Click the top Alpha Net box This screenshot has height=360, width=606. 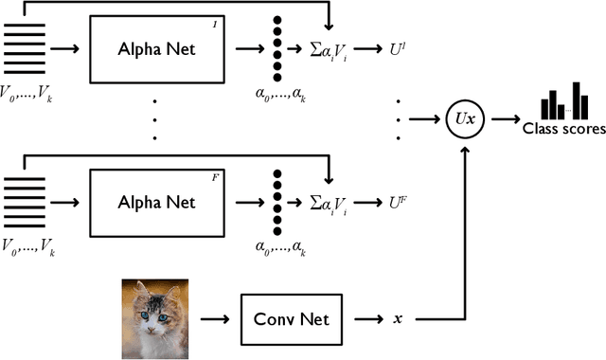[157, 48]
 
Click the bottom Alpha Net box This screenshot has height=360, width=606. [157, 202]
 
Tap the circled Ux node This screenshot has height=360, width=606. [464, 121]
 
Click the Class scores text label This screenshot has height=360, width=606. [564, 130]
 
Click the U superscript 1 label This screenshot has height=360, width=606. [398, 48]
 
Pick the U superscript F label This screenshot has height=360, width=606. [399, 202]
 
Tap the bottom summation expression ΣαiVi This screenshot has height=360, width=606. [330, 203]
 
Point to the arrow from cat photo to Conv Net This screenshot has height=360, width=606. [217, 319]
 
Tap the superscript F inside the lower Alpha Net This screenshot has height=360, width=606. [214, 175]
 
